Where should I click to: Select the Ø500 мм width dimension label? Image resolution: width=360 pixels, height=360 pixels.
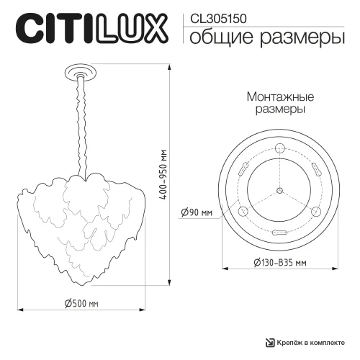pos(81,303)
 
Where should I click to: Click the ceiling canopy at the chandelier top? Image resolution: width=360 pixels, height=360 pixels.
pos(78,72)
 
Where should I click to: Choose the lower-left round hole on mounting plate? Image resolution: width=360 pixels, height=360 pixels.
pos(243,211)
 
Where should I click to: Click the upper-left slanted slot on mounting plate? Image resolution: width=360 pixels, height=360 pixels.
pos(243,169)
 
